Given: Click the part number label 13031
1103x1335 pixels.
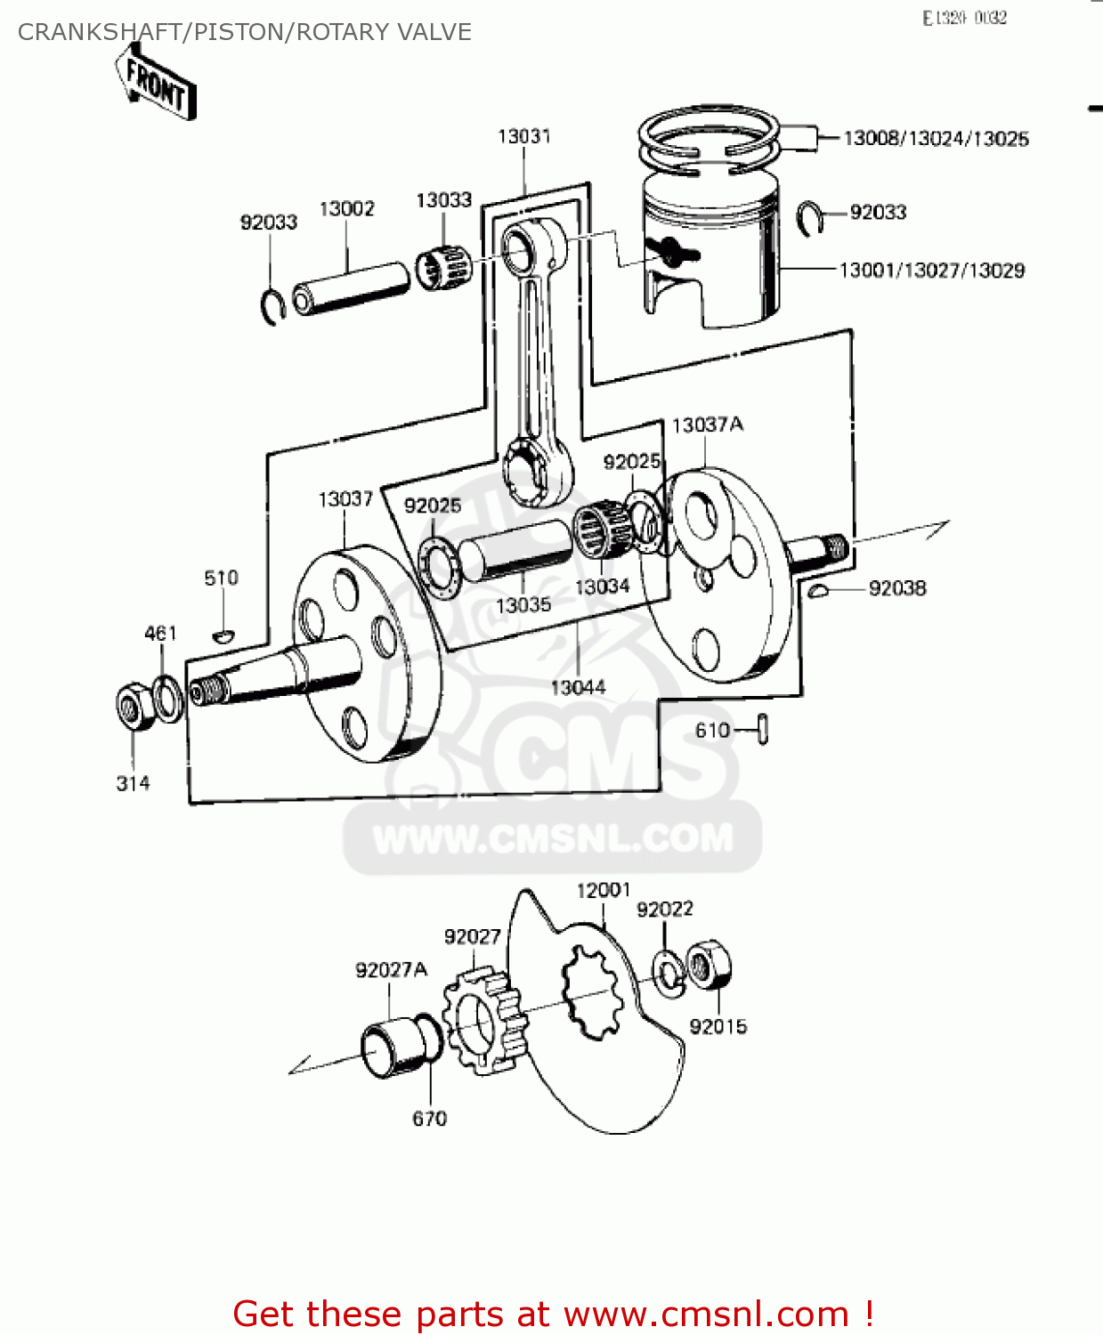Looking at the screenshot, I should (x=523, y=136).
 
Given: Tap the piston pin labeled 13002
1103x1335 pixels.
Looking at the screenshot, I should (x=351, y=287).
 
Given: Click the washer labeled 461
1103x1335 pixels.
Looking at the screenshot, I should (x=166, y=698).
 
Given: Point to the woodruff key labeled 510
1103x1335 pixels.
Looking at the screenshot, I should (x=223, y=635).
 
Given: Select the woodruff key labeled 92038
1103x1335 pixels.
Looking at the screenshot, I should (x=819, y=590).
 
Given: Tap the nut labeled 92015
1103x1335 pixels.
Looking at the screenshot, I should (x=710, y=965).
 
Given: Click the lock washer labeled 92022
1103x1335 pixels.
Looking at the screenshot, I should (x=668, y=972).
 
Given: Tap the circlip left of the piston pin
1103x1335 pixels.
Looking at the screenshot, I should (x=272, y=306).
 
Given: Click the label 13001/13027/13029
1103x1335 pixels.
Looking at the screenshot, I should (x=931, y=270).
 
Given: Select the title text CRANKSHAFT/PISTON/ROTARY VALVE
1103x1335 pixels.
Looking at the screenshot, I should (x=245, y=32).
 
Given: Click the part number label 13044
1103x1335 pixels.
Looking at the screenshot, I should (x=577, y=687).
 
